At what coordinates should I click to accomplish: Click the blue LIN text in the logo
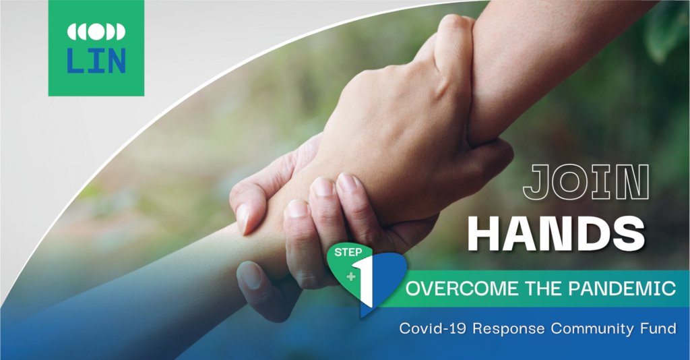click(x=96, y=60)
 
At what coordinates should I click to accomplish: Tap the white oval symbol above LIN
click(x=96, y=32)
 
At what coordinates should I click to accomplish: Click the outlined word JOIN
click(x=586, y=181)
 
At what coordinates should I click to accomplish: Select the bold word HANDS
click(x=556, y=233)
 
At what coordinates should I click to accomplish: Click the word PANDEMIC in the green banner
click(x=622, y=289)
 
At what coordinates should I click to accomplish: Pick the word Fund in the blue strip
click(x=658, y=329)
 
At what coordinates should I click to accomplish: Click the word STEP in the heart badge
click(x=348, y=253)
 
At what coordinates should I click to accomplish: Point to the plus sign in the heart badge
click(x=350, y=277)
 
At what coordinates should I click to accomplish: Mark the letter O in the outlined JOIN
click(x=572, y=181)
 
